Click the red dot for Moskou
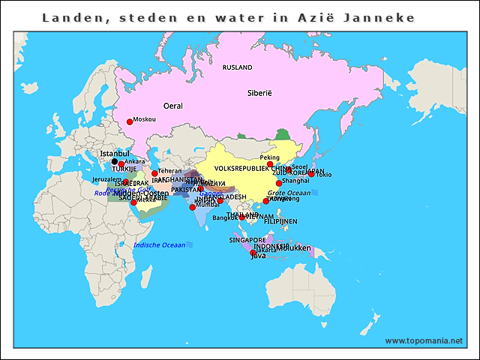coord(129,121)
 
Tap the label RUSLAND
coord(238,67)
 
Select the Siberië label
coord(259,93)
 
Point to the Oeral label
coord(172,106)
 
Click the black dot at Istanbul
coord(115,161)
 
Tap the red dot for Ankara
coord(121,164)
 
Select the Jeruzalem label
coord(106,180)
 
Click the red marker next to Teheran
coord(154,173)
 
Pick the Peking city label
coord(269,157)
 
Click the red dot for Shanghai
coord(279,183)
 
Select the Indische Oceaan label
coord(159,245)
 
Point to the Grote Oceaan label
coord(289,193)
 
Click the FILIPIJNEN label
coord(280,221)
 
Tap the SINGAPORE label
coord(247,240)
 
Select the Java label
coord(258,256)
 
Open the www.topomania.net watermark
coord(424,340)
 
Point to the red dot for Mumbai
coord(193,207)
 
